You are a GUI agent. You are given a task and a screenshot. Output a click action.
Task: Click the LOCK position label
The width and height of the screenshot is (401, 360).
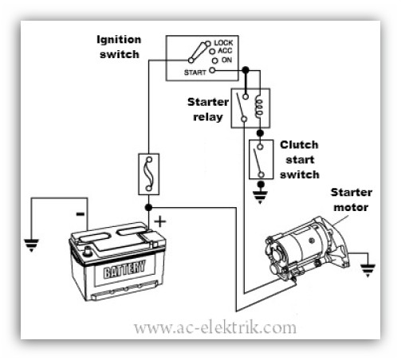[x=223, y=43]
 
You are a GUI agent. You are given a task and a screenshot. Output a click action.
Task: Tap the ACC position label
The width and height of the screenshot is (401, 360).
[x=225, y=51]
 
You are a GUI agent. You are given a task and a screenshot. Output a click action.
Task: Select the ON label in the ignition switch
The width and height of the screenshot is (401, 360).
[x=226, y=60]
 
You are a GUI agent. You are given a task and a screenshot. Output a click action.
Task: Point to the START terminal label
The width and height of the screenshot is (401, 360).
[x=195, y=72]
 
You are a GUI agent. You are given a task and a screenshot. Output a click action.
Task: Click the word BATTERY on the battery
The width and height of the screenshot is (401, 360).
[x=124, y=268]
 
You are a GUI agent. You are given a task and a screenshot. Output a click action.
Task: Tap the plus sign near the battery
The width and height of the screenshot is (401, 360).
[x=160, y=221]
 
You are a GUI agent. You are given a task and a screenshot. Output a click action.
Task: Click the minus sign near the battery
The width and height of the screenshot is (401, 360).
[x=81, y=213]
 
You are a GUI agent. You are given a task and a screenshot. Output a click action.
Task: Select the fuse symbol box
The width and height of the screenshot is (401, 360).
[x=149, y=174]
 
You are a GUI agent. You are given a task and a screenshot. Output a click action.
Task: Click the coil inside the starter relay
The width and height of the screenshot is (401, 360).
[x=259, y=107]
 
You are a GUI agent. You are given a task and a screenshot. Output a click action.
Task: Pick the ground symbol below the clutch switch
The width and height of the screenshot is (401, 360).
[x=260, y=197]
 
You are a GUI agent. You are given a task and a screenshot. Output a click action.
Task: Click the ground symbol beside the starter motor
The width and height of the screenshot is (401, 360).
[x=368, y=270]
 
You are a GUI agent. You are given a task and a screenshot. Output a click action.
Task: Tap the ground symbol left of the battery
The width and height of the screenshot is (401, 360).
[x=31, y=245]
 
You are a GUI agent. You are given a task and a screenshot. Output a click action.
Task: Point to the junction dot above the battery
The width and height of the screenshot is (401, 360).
[x=149, y=208]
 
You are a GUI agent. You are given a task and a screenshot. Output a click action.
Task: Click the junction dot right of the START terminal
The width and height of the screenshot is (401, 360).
[x=246, y=70]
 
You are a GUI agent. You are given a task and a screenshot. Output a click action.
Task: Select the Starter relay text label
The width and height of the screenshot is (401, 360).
[x=208, y=109]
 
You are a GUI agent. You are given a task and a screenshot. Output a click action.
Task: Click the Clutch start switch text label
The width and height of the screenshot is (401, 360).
[x=300, y=159]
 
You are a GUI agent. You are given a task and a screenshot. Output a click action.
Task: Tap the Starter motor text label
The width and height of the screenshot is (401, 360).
[x=352, y=200]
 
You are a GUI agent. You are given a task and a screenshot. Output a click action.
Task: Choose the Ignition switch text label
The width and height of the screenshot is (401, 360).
[x=119, y=47]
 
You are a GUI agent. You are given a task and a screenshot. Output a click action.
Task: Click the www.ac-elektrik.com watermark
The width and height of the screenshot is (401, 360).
[x=214, y=328]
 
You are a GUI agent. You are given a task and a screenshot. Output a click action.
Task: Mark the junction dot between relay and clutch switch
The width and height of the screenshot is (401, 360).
[x=260, y=133]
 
